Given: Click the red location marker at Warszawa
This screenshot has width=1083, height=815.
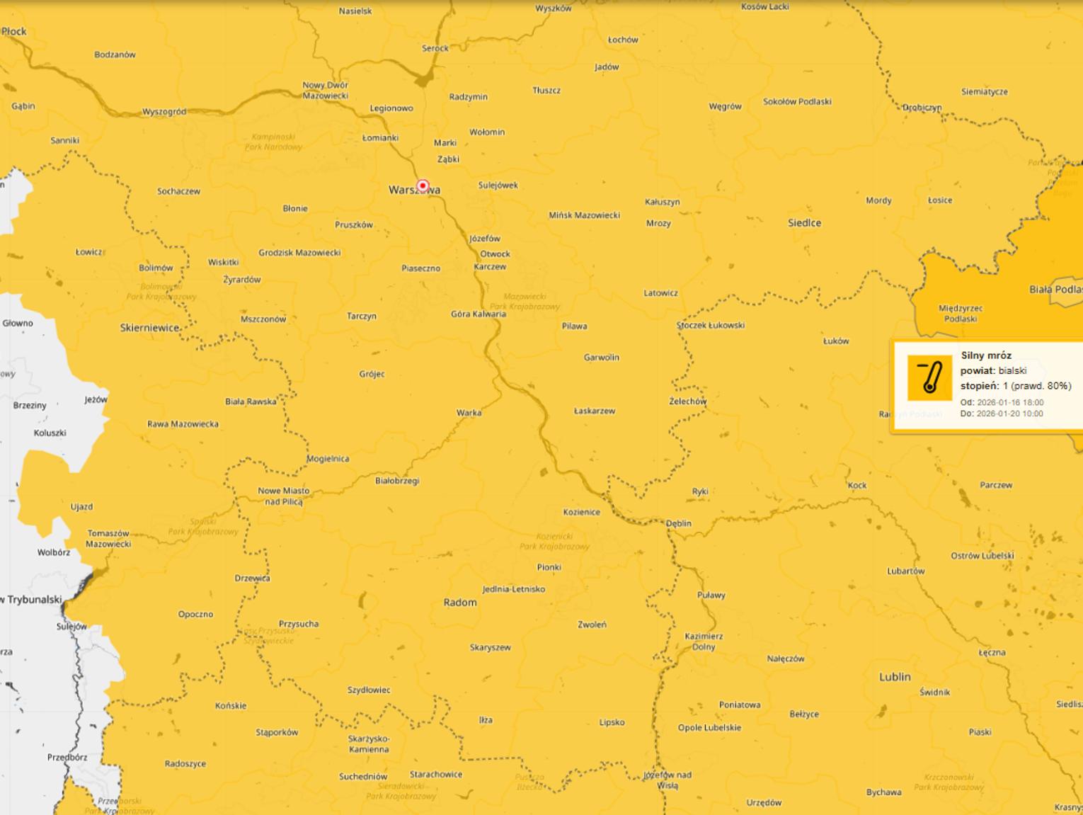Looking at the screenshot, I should click(x=423, y=186).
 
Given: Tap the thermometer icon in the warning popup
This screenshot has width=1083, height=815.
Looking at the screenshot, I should click(x=929, y=378).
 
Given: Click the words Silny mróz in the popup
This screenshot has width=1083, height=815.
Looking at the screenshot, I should click(x=986, y=355).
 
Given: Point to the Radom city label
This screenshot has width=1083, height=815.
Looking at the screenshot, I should click(x=460, y=603).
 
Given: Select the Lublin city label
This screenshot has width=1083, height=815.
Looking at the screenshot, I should click(x=895, y=677).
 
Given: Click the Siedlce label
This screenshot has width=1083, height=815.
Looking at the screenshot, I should click(x=805, y=223).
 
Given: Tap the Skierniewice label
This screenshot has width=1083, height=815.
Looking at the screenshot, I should click(x=149, y=328).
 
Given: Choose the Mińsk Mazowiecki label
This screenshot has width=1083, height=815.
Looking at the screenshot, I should click(x=584, y=215).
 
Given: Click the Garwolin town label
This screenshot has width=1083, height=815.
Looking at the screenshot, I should click(x=601, y=358).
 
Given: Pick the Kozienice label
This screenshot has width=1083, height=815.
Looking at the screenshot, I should click(x=582, y=512).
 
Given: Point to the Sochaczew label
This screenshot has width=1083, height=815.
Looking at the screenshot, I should click(x=178, y=191).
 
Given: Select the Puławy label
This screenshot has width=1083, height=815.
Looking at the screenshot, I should click(x=711, y=595).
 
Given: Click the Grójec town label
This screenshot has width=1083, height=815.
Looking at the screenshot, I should click(x=372, y=374).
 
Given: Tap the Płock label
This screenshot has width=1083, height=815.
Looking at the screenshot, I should click(x=14, y=31).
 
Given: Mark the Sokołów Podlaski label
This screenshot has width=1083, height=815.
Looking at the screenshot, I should click(x=797, y=102).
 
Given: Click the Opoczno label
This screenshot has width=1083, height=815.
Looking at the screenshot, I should click(x=195, y=614).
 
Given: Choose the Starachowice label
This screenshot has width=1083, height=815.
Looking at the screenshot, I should click(x=436, y=775).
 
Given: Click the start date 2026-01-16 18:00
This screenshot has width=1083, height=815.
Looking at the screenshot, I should click(x=1010, y=402).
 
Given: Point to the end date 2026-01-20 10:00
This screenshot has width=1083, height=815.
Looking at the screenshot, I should click(x=1009, y=414).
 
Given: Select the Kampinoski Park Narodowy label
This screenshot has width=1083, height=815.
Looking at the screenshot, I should click(x=273, y=142).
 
